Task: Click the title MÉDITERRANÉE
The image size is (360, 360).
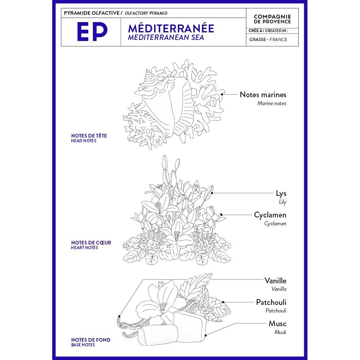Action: pos(171,28)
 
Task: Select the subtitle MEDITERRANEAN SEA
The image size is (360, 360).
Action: pos(166,37)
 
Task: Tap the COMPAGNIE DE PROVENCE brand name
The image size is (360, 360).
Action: pos(272,19)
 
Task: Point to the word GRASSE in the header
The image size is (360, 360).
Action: pos(257,40)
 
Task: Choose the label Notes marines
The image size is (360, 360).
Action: pos(263,95)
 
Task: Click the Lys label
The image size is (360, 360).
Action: pos(281,193)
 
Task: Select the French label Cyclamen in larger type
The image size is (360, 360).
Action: pos(270,215)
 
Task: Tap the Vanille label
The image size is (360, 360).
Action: pos(275,280)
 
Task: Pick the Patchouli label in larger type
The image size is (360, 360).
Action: pos(271,302)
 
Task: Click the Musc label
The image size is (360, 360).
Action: pos(277,324)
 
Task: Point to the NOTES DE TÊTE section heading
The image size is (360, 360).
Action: pos(89,136)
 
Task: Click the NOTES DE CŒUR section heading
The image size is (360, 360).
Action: pos(91,243)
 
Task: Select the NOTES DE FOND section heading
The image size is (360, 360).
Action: pos(91,340)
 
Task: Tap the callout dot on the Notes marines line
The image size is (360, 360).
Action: pos(222,94)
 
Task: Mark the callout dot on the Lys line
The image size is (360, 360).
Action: pos(212,193)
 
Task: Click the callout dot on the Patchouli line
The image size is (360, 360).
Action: pos(223,302)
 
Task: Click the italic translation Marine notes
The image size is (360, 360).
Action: pos(272,103)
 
